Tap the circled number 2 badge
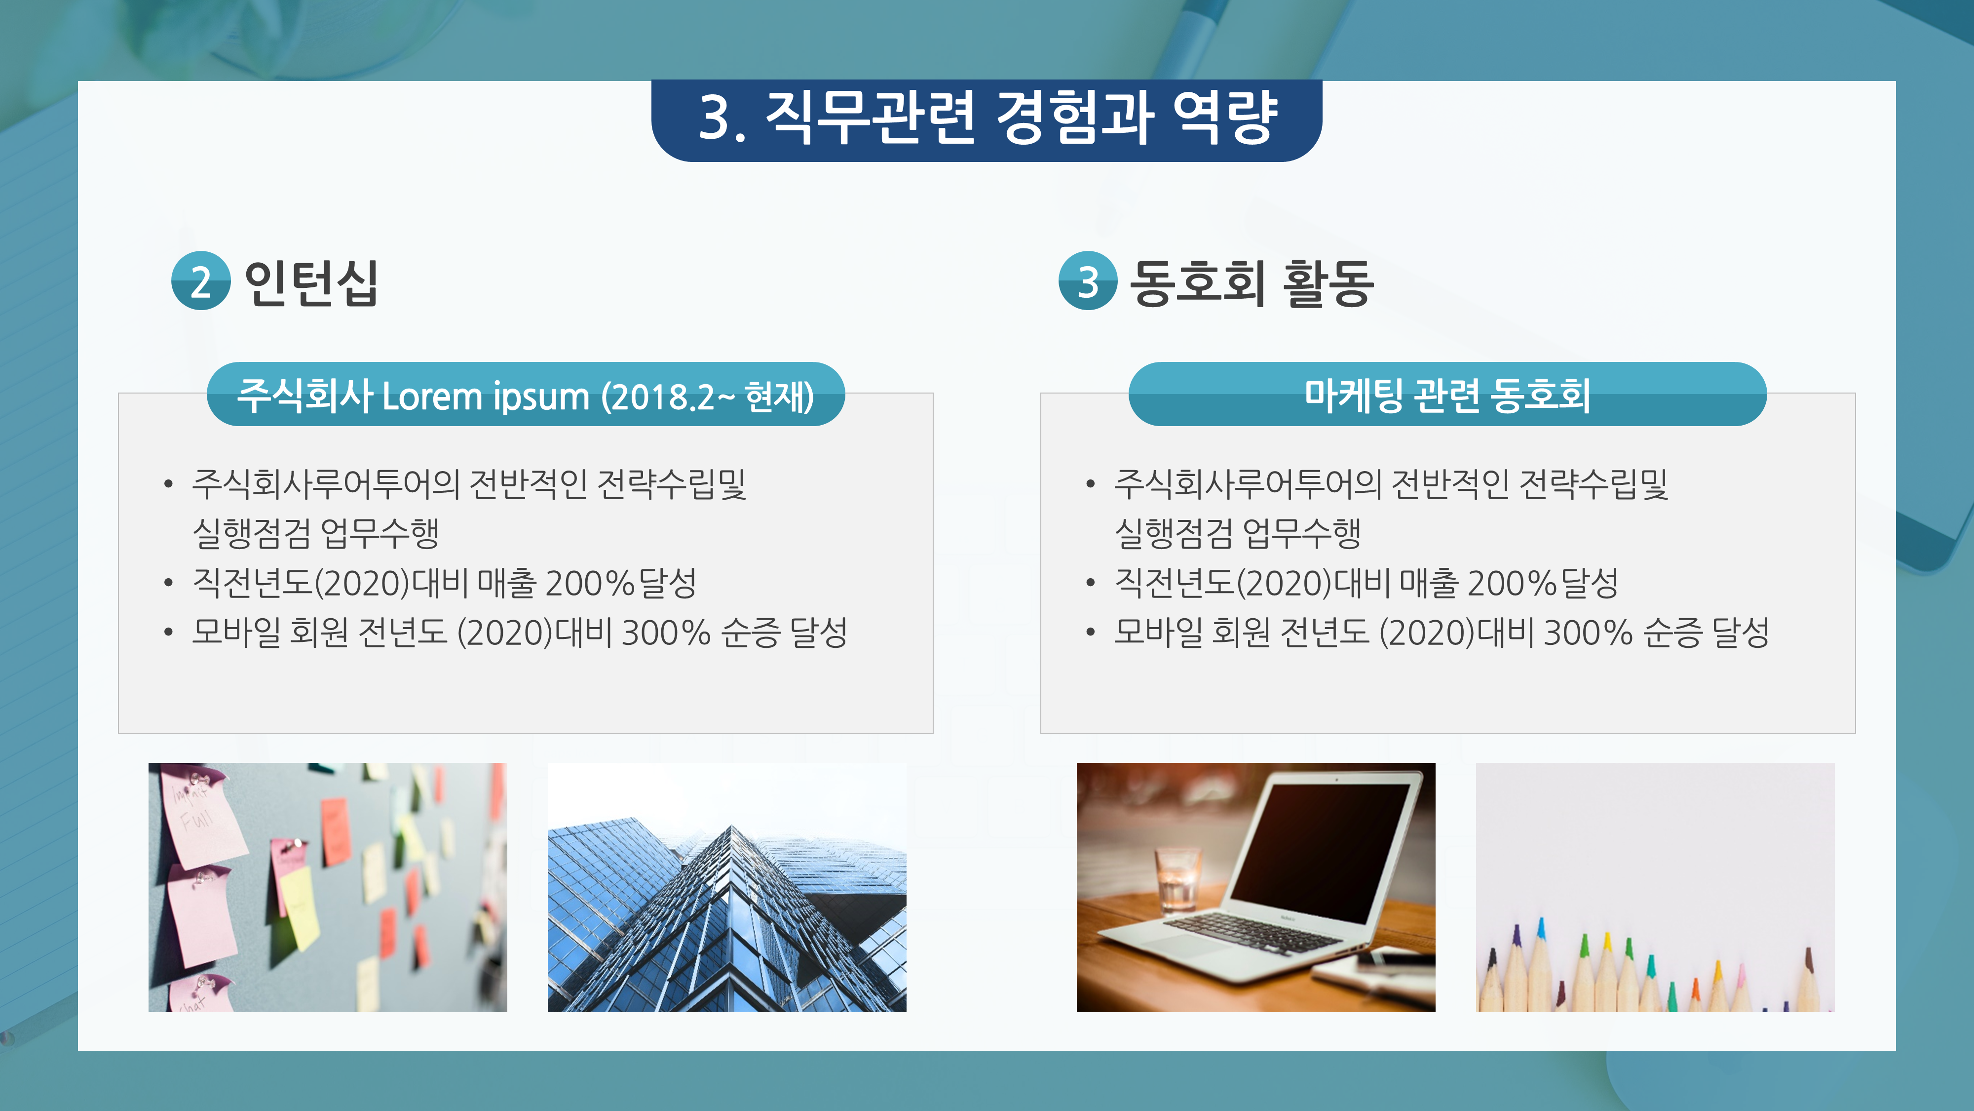point(201,281)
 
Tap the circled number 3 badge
point(1087,281)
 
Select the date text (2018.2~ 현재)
point(707,397)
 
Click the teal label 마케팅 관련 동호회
point(1447,395)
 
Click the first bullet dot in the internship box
point(168,484)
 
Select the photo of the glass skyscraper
point(726,887)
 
